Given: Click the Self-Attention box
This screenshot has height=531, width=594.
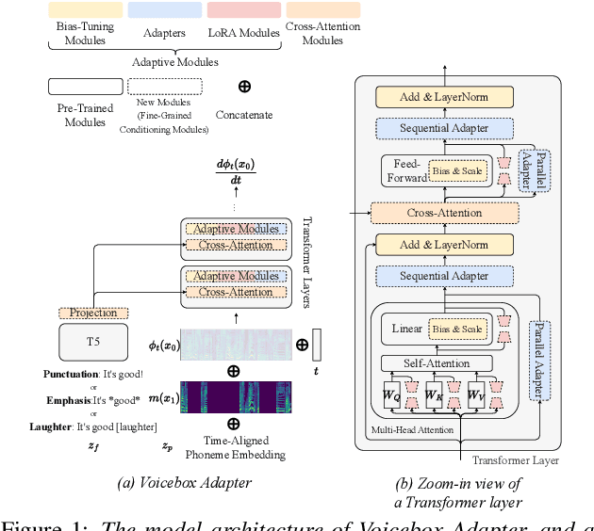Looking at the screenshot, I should click(437, 362).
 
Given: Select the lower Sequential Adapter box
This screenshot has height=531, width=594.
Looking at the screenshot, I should click(443, 276).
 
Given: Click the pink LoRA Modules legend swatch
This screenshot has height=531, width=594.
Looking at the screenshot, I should click(243, 10).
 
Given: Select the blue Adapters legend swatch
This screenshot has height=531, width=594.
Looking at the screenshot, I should click(163, 10).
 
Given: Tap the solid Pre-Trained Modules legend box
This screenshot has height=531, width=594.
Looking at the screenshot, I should click(85, 87).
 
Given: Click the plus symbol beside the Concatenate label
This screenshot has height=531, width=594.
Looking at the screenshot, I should click(244, 87).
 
